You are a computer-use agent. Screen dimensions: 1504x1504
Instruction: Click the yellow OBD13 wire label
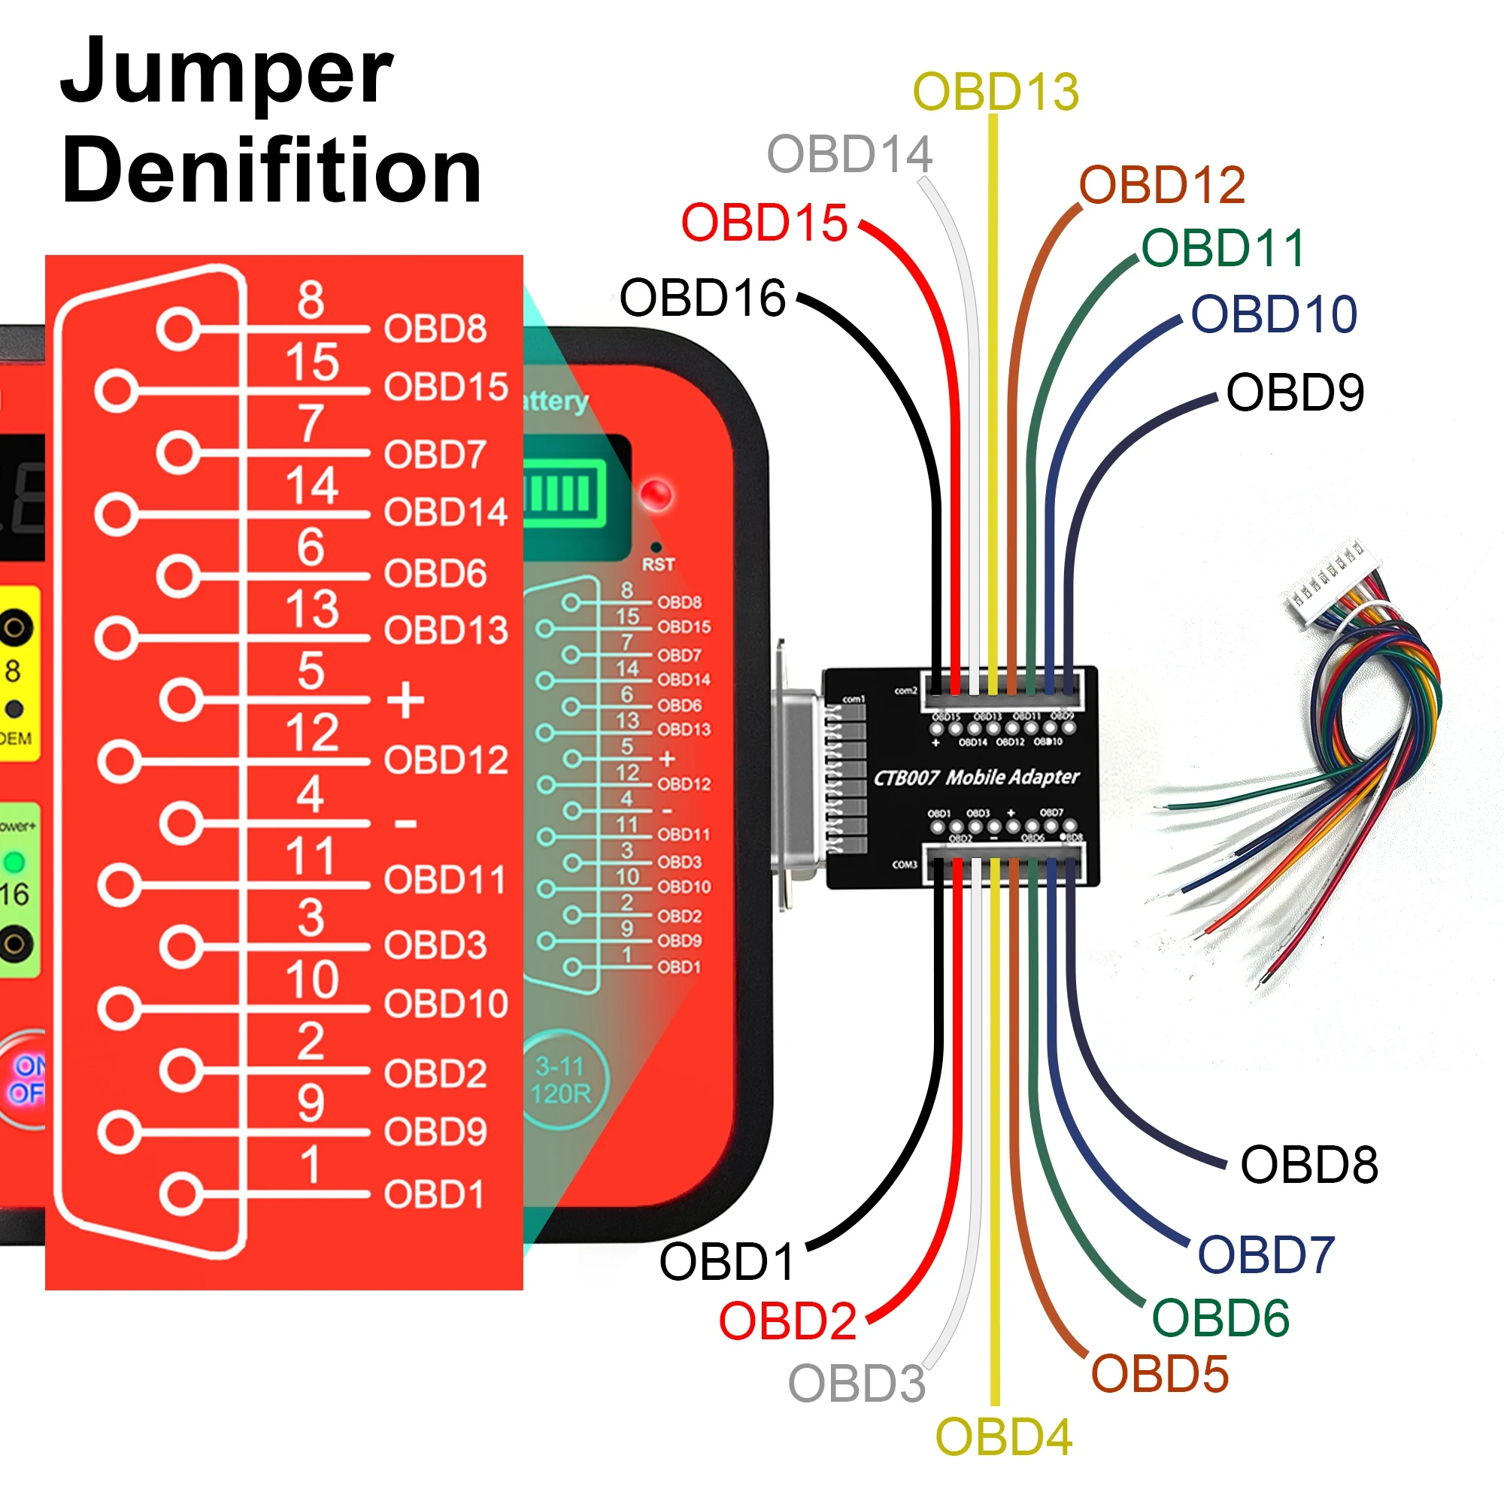click(996, 92)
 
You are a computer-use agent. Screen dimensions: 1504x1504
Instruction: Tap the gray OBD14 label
click(849, 154)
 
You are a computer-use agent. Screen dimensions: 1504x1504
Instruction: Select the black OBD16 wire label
click(702, 297)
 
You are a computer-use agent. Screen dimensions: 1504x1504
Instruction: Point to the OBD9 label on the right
click(1295, 392)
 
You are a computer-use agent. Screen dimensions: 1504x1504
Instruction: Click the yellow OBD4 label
click(1003, 1436)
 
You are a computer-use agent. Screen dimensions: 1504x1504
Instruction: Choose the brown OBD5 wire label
click(1159, 1373)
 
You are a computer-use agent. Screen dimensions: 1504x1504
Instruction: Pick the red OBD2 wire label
click(787, 1321)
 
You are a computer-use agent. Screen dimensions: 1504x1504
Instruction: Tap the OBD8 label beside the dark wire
click(1308, 1165)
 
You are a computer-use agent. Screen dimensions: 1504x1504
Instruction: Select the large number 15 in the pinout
click(311, 362)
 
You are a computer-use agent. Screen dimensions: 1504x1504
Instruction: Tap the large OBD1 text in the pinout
click(434, 1194)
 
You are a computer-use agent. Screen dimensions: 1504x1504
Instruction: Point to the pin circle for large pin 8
click(179, 329)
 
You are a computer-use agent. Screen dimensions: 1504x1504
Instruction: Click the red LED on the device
click(656, 495)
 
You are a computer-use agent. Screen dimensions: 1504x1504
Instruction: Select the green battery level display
click(565, 493)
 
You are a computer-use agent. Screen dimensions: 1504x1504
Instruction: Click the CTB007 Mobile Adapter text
click(976, 777)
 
